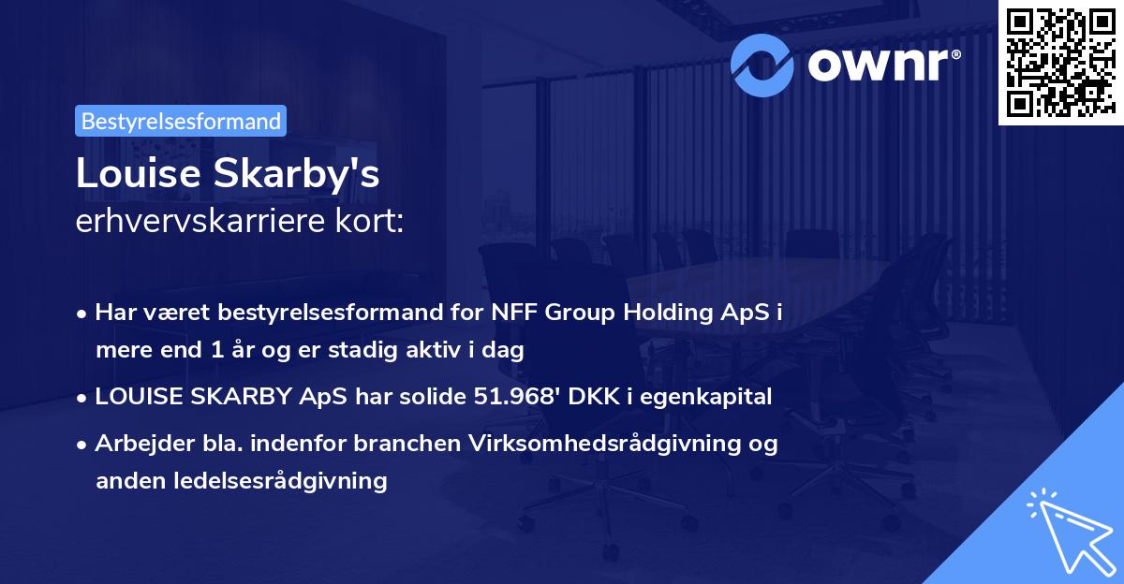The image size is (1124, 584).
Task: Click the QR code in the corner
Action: [x=1060, y=62]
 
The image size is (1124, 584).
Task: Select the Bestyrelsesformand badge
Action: [x=181, y=121]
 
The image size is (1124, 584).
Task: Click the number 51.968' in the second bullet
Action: [x=522, y=397]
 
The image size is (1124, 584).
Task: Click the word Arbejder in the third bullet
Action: [x=138, y=444]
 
